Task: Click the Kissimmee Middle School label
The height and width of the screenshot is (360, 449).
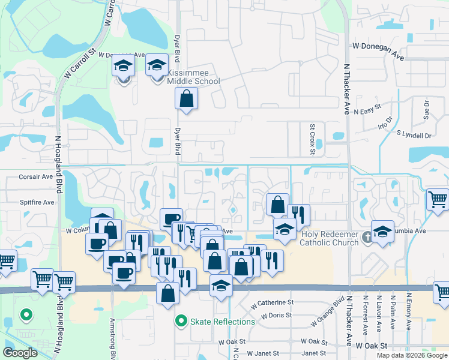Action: (189, 76)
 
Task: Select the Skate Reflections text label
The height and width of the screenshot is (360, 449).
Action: (223, 322)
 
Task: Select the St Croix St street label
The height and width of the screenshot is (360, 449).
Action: (312, 139)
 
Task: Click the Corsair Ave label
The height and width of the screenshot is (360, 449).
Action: (36, 176)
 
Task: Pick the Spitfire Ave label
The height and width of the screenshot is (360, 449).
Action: (37, 202)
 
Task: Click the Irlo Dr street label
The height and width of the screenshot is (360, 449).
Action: (384, 123)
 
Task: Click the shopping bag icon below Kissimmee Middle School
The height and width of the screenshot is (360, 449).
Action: (186, 98)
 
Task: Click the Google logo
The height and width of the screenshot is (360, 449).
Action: (20, 353)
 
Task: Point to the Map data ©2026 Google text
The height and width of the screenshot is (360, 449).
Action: (411, 355)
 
